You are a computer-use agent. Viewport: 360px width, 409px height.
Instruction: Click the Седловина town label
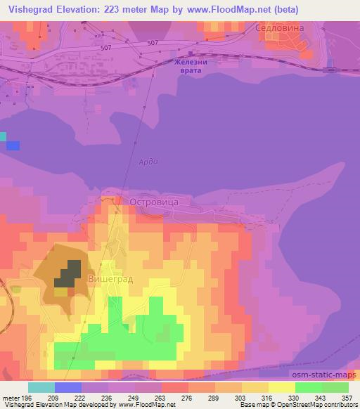tap(282, 27)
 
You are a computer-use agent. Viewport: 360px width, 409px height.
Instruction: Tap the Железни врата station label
tap(191, 65)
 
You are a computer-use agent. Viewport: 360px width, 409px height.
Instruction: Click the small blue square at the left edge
tap(13, 145)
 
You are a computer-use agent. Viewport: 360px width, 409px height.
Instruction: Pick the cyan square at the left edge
tap(3, 136)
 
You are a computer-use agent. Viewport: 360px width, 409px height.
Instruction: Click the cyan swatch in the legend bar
tap(41, 387)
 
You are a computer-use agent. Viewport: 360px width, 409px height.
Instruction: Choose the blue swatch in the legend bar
tap(68, 387)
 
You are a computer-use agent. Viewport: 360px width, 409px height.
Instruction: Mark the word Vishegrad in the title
tap(31, 10)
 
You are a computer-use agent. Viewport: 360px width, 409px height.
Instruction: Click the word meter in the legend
tap(10, 397)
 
